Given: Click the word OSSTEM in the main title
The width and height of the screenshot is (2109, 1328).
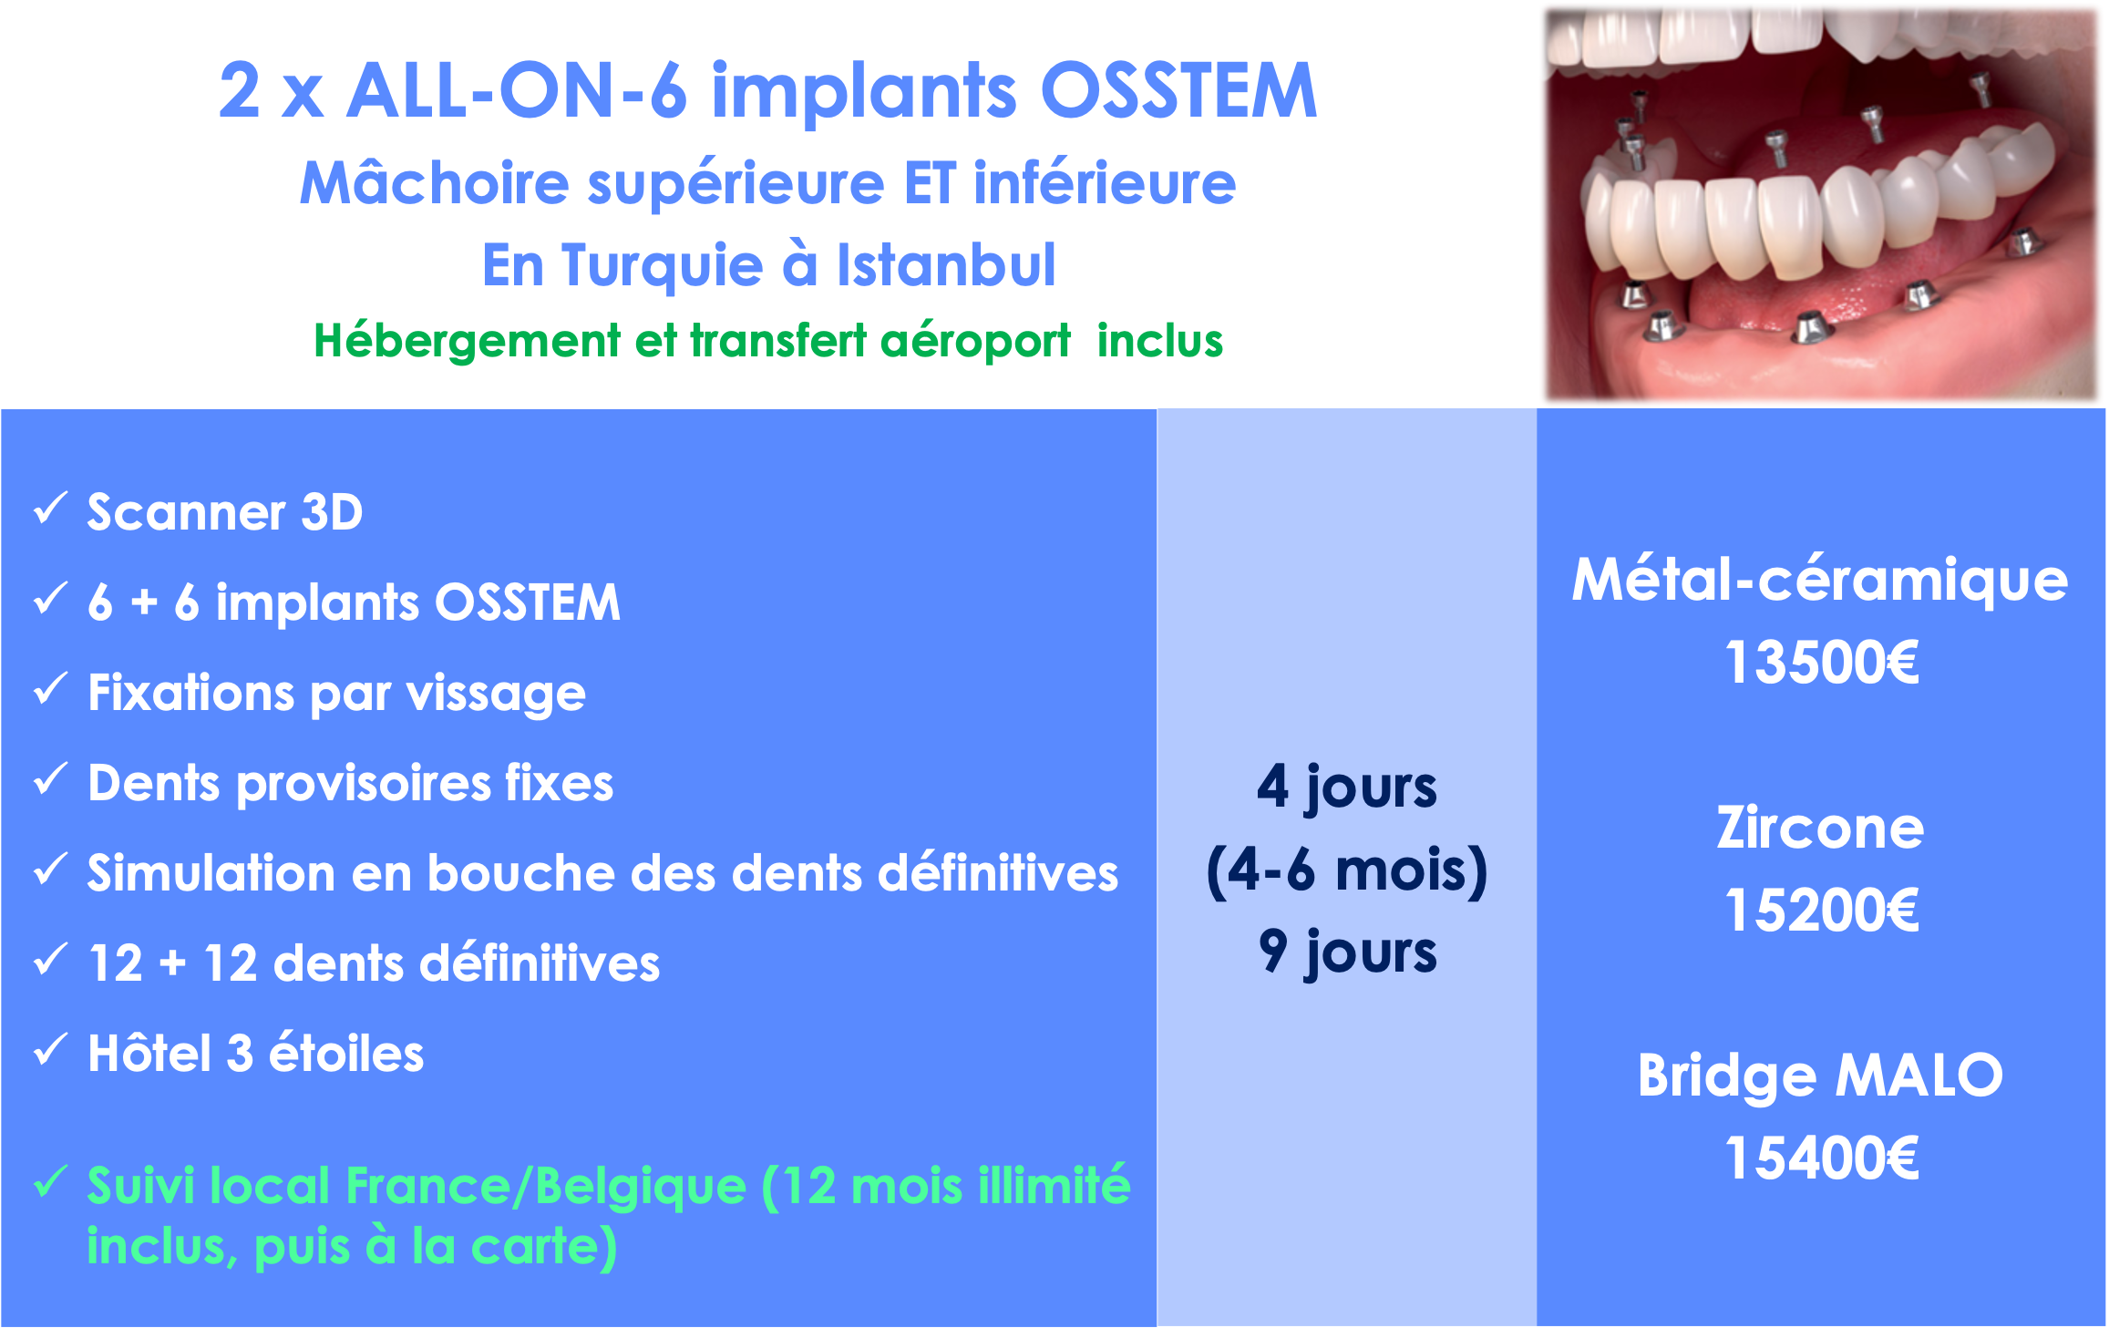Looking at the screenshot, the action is point(1178,91).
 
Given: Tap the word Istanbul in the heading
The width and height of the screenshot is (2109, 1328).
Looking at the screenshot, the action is point(946,265).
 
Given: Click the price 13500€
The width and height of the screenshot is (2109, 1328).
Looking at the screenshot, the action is point(1822,662).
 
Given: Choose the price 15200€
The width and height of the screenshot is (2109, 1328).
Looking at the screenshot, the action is point(1822,910).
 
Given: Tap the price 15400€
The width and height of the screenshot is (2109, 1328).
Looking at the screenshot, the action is point(1822,1158).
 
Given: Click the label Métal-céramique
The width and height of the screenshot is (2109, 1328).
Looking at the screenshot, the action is point(1820,581).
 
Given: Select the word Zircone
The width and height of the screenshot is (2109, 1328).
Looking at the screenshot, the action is point(1820,828).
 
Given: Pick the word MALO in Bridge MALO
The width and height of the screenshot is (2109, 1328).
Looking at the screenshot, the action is point(1919,1076).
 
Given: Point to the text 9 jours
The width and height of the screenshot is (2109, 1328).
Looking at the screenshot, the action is point(1348,952).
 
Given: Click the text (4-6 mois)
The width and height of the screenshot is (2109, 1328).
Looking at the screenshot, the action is point(1347,870).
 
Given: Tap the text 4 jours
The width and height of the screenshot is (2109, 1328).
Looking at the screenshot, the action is point(1347,788).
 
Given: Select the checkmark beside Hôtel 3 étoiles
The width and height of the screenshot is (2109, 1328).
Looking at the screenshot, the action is point(50,1050).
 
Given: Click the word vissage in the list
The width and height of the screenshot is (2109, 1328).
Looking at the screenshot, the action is point(497,695).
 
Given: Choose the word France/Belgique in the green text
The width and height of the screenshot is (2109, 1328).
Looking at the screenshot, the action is point(546,1187).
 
